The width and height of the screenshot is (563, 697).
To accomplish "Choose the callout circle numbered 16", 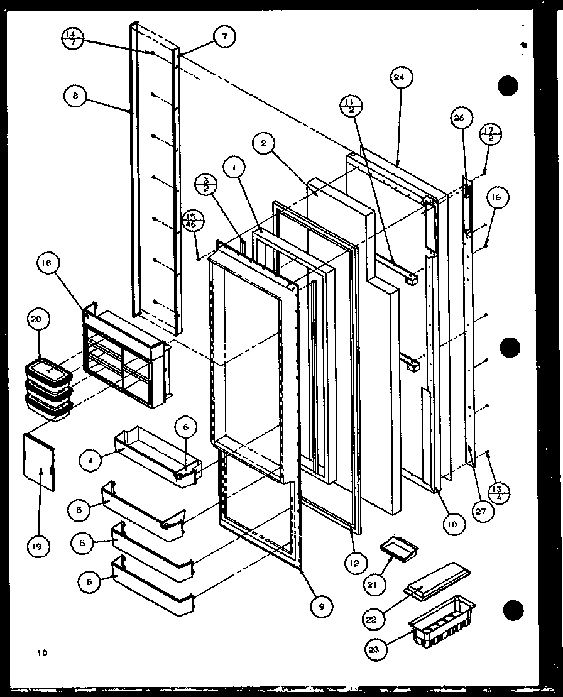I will pyautogui.click(x=496, y=197).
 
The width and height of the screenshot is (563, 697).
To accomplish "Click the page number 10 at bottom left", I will pyautogui.click(x=41, y=653).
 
